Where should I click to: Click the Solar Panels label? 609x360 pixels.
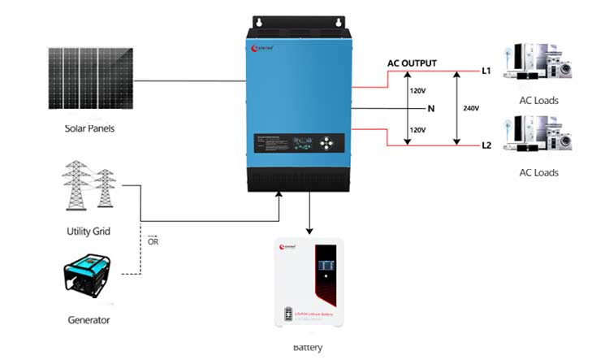90,128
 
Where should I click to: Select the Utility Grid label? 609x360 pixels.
88,232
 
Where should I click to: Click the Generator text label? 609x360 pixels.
89,320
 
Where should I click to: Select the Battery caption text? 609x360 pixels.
308,348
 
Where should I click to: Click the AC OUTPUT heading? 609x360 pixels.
422,64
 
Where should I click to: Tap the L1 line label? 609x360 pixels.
486,72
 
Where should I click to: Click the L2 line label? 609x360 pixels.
486,145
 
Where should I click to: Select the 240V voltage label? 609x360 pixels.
471,108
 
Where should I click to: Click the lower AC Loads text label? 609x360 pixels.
538,173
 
